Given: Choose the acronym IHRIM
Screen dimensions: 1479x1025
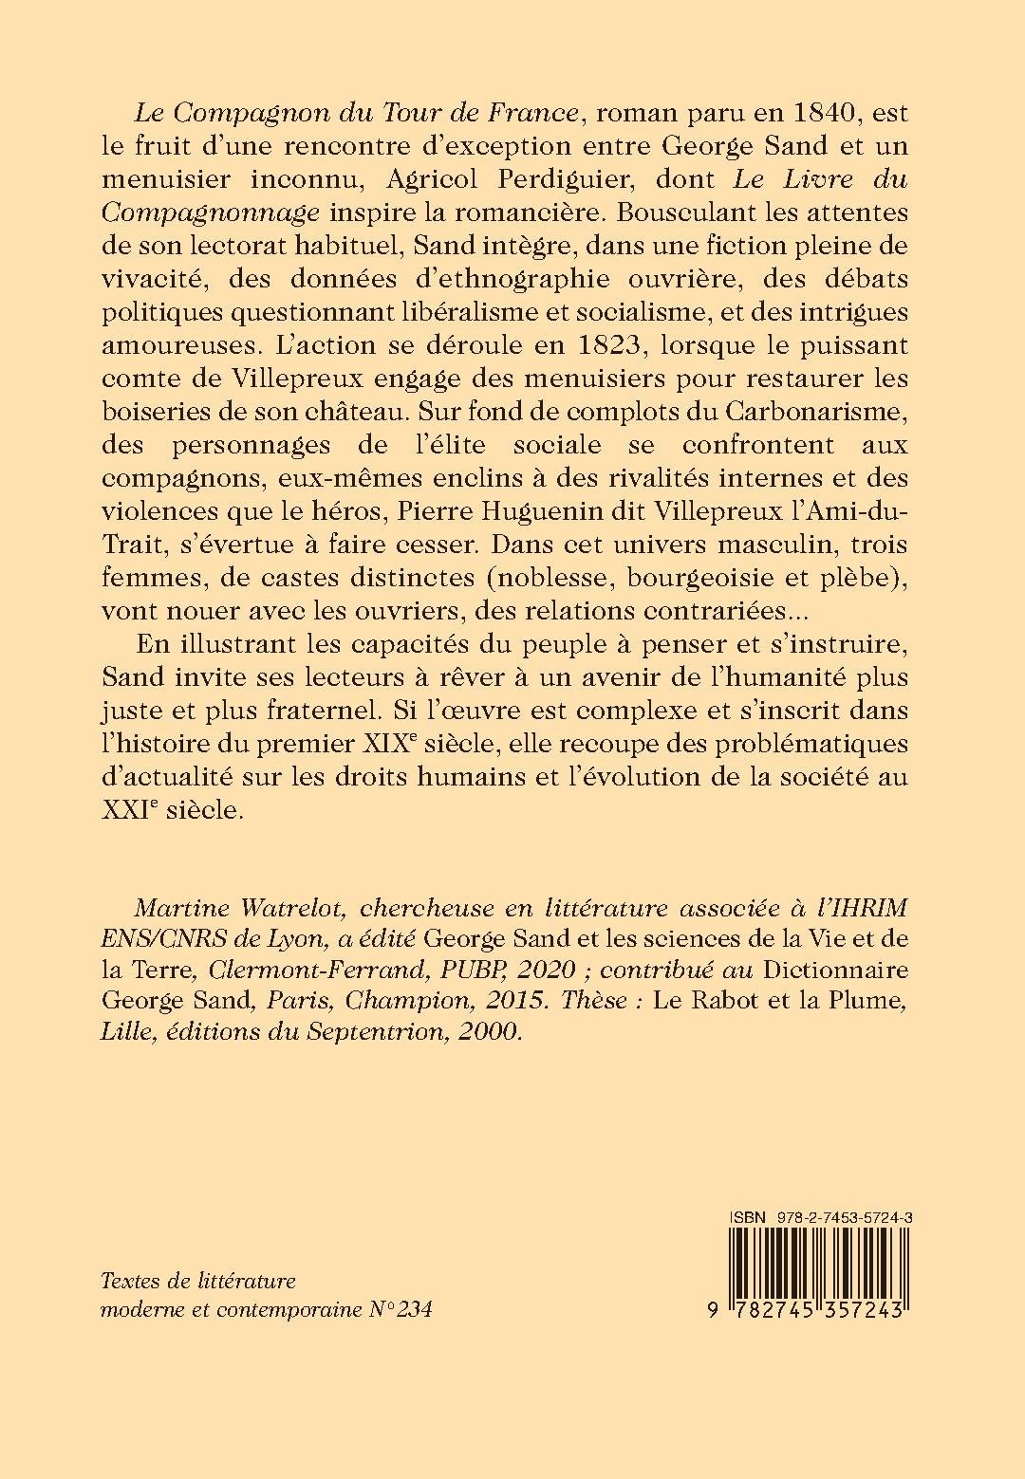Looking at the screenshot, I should click(843, 908).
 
